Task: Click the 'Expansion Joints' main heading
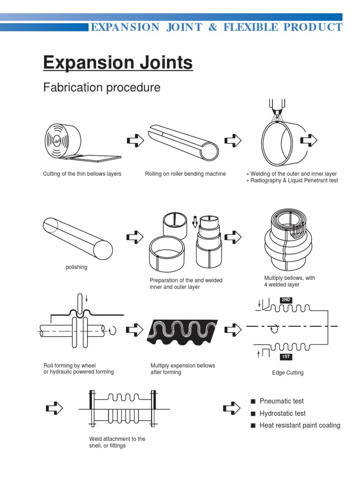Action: (118, 62)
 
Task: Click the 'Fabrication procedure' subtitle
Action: (101, 88)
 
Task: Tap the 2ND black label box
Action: (286, 300)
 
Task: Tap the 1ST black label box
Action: (285, 357)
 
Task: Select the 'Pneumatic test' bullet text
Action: (281, 401)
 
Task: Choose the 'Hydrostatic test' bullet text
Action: (282, 413)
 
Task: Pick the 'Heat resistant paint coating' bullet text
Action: (300, 426)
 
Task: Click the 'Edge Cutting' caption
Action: (287, 373)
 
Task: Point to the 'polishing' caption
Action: (76, 267)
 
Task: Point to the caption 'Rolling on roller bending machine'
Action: (185, 174)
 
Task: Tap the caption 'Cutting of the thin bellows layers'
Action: (82, 174)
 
